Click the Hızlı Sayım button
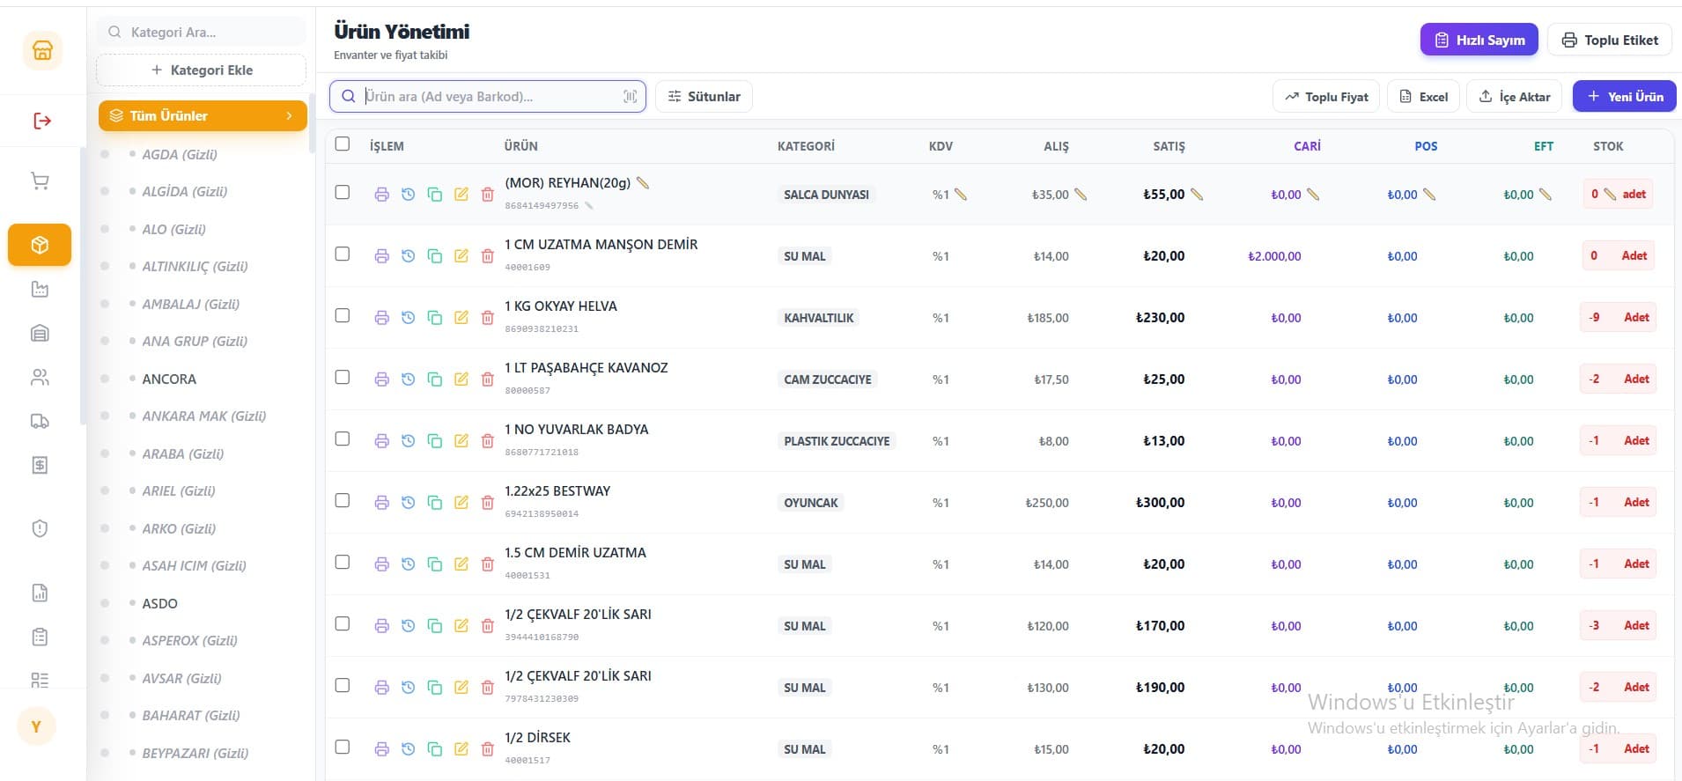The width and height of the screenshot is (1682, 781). click(1479, 40)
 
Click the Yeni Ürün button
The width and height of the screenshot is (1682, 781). click(1624, 96)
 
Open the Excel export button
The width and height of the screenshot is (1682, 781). click(1423, 96)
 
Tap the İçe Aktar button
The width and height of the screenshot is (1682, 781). click(1514, 96)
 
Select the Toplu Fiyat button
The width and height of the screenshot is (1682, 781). click(1326, 96)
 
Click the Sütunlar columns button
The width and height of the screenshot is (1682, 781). click(704, 96)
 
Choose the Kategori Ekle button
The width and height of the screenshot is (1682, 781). click(202, 70)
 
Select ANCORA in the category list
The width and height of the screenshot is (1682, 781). click(169, 379)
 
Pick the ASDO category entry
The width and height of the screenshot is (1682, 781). click(159, 603)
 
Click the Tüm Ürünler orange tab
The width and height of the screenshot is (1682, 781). click(203, 115)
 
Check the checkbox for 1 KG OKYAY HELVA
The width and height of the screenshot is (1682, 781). click(343, 315)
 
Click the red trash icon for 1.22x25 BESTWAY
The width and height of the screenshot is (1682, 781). click(487, 503)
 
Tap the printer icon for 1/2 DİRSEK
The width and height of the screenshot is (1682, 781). click(381, 749)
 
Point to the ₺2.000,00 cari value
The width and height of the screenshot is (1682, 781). click(1274, 256)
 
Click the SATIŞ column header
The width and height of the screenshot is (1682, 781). click(1169, 146)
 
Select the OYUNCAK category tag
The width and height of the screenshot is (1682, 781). click(811, 503)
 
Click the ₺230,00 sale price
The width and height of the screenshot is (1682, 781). click(1160, 318)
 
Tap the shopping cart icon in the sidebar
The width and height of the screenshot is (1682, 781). click(40, 181)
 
